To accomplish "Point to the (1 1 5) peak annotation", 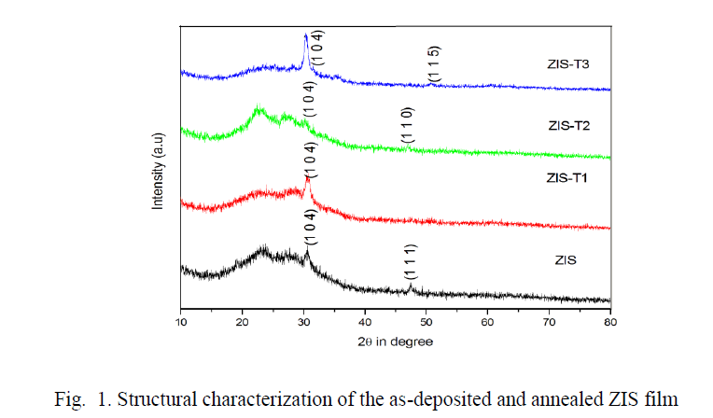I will pos(433,64).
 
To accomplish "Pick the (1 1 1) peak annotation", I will pos(410,260).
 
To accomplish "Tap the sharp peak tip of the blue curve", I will pos(305,36).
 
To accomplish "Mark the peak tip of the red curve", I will pos(308,177).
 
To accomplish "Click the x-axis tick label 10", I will pos(180,323).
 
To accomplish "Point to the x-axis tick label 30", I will pos(304,323).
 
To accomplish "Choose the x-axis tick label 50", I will pos(426,323).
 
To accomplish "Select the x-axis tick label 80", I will pos(610,323).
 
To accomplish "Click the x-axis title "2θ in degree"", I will pos(395,341).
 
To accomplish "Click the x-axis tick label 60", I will pos(488,323).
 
